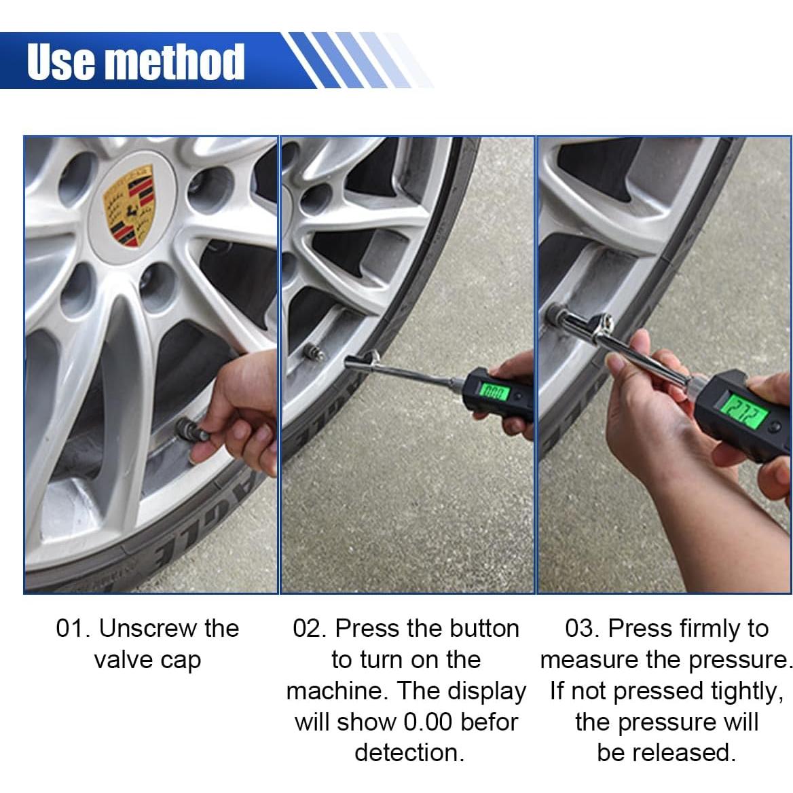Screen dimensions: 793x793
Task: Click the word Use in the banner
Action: [61, 62]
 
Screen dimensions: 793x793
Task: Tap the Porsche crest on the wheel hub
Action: [128, 206]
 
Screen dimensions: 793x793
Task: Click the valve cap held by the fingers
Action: [191, 431]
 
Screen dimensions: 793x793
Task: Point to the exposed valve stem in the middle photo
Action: [314, 351]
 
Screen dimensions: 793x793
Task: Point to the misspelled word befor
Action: [490, 722]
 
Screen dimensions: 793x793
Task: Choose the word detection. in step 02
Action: [409, 752]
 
